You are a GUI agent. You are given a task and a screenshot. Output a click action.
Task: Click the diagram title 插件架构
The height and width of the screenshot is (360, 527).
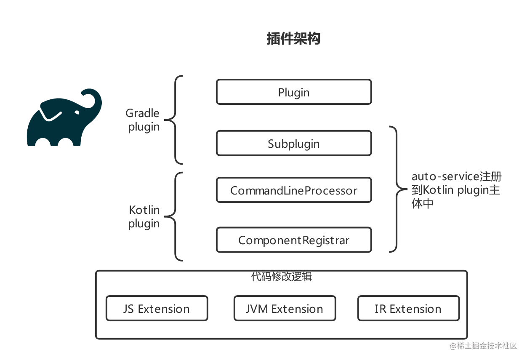coord(293,39)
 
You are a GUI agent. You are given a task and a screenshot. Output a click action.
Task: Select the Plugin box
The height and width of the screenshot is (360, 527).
coord(293,92)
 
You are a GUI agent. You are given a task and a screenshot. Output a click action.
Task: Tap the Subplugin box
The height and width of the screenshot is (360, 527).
coord(293,144)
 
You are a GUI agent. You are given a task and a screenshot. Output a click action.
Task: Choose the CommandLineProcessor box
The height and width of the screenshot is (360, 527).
coord(293,190)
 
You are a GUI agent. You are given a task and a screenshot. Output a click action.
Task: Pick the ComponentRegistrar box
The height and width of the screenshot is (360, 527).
coord(293,240)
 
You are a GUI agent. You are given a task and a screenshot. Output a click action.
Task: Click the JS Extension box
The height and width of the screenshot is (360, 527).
coord(157,309)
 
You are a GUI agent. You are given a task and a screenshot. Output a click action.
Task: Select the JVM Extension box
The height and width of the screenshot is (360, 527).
coord(285,309)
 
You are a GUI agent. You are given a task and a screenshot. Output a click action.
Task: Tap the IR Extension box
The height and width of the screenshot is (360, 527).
coord(408,309)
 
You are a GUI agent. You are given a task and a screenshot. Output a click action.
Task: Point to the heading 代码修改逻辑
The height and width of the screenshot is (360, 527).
coord(281,277)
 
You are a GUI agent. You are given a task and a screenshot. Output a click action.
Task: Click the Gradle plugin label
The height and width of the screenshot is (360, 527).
coord(143,120)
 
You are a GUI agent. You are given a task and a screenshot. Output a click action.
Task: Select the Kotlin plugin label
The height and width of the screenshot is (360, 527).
coord(144,216)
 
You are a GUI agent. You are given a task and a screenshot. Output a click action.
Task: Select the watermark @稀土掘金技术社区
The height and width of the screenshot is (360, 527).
coord(482,345)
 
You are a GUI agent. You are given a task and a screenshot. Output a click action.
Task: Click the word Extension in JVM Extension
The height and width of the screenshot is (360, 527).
coord(297,309)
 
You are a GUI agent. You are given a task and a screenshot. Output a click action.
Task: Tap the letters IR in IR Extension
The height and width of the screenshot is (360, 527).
coord(380,309)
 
